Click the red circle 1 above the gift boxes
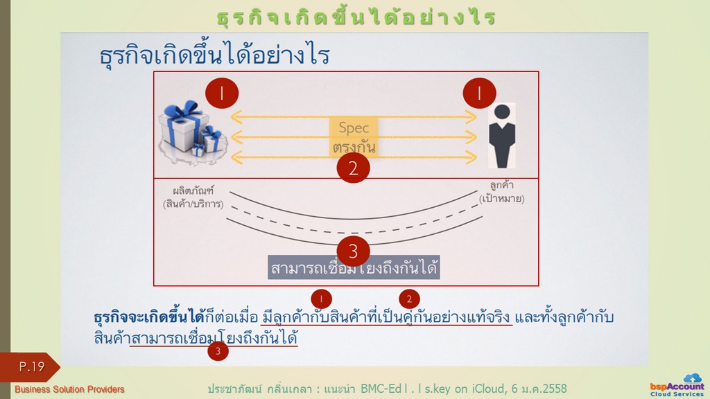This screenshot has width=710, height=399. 222,94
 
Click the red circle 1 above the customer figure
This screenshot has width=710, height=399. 479,94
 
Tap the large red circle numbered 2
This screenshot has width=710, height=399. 353,168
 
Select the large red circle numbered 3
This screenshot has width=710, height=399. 353,251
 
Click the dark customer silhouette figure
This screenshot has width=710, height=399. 502,136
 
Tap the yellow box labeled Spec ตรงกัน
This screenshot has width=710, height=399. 354,137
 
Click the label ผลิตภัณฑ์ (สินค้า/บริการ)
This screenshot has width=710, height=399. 193,197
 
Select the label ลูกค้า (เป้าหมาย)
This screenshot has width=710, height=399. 502,192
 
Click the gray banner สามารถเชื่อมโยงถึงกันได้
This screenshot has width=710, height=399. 354,268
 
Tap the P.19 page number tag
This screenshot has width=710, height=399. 30,367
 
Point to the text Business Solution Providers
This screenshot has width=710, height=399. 69,389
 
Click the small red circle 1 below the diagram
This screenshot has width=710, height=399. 322,299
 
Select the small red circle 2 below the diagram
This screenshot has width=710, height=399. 409,299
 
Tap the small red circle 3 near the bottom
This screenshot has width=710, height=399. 218,351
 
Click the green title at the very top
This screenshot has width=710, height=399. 356,17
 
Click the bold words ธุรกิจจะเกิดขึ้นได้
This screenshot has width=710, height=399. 150,317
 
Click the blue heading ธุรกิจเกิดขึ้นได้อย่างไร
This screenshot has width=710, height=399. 215,55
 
